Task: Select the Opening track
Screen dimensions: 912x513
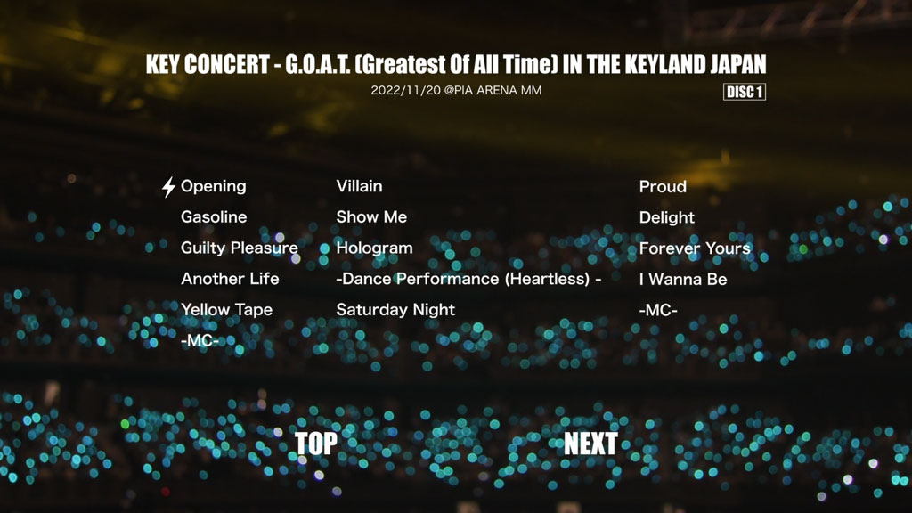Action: click(214, 187)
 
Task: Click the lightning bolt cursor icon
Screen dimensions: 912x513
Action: click(168, 187)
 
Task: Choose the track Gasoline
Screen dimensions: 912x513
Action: click(214, 217)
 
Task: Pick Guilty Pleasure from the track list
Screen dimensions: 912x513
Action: click(239, 248)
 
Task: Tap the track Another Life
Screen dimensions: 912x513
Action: click(230, 279)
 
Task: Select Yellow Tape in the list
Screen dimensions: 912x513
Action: click(226, 309)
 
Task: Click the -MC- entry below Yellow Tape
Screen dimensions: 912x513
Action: click(199, 340)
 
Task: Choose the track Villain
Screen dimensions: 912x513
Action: click(359, 186)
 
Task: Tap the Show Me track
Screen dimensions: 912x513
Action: click(371, 217)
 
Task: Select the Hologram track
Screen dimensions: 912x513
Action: click(374, 248)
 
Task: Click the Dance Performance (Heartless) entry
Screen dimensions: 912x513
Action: click(468, 279)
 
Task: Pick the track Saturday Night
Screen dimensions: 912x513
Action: click(395, 309)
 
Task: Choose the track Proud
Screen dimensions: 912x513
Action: click(663, 187)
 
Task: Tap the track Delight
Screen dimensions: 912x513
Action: click(666, 217)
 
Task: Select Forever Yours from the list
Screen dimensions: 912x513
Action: click(695, 248)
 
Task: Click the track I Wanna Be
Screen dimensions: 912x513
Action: click(683, 279)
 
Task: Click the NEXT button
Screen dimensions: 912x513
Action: click(590, 444)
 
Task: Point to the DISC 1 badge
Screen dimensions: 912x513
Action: click(745, 92)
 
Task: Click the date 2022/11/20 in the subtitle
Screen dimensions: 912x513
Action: click(406, 90)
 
